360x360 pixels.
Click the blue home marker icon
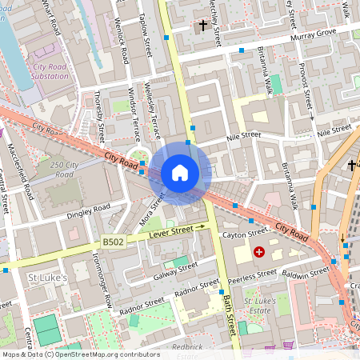coord(180,173)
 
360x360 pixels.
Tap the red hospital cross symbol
coord(258,252)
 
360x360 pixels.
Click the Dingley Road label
coord(89,212)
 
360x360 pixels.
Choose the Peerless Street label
coord(252,278)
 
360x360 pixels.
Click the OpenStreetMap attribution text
coord(80,354)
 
